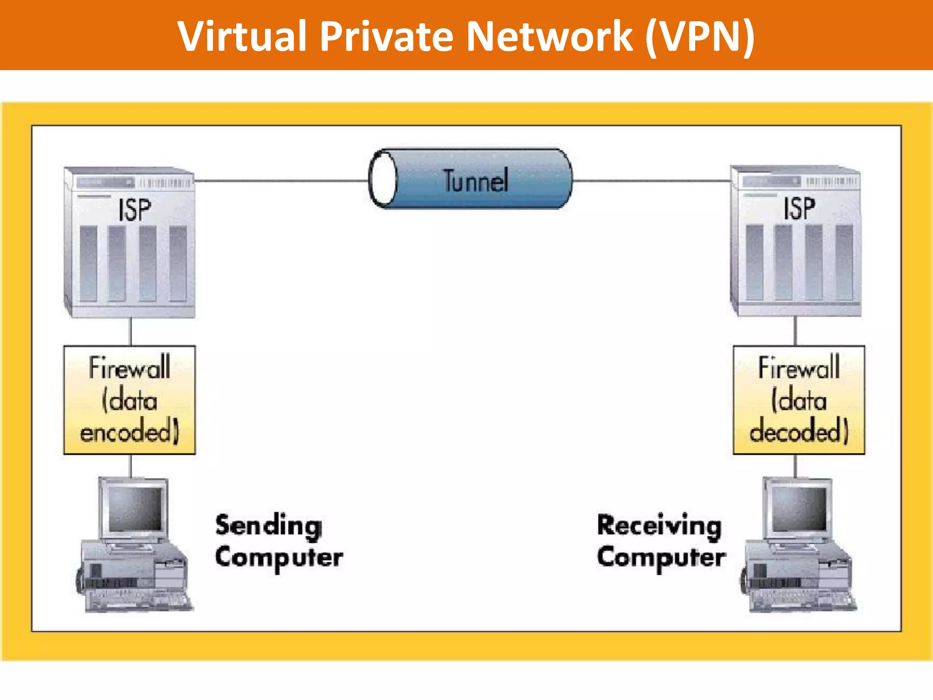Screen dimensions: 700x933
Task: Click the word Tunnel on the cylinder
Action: (476, 181)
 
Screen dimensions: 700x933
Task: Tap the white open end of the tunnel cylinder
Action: (383, 179)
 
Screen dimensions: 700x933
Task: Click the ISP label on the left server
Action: (134, 210)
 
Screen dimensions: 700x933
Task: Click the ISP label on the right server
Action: (799, 209)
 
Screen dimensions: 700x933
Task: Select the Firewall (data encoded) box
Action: (129, 400)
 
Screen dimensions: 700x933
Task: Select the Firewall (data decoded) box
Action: (799, 400)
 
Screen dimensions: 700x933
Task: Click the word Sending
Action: (269, 526)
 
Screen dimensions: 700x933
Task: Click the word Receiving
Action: (659, 526)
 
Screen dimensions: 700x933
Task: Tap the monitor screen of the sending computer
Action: (135, 509)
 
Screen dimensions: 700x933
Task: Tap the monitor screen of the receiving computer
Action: (800, 509)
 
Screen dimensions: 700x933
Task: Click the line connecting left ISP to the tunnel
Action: (280, 181)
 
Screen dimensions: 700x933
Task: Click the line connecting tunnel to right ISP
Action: (651, 181)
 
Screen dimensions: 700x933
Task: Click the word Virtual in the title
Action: (242, 36)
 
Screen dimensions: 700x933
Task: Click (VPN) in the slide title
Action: (700, 36)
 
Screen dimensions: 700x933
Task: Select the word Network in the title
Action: (549, 36)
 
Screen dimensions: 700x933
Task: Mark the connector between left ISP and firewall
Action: (131, 331)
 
